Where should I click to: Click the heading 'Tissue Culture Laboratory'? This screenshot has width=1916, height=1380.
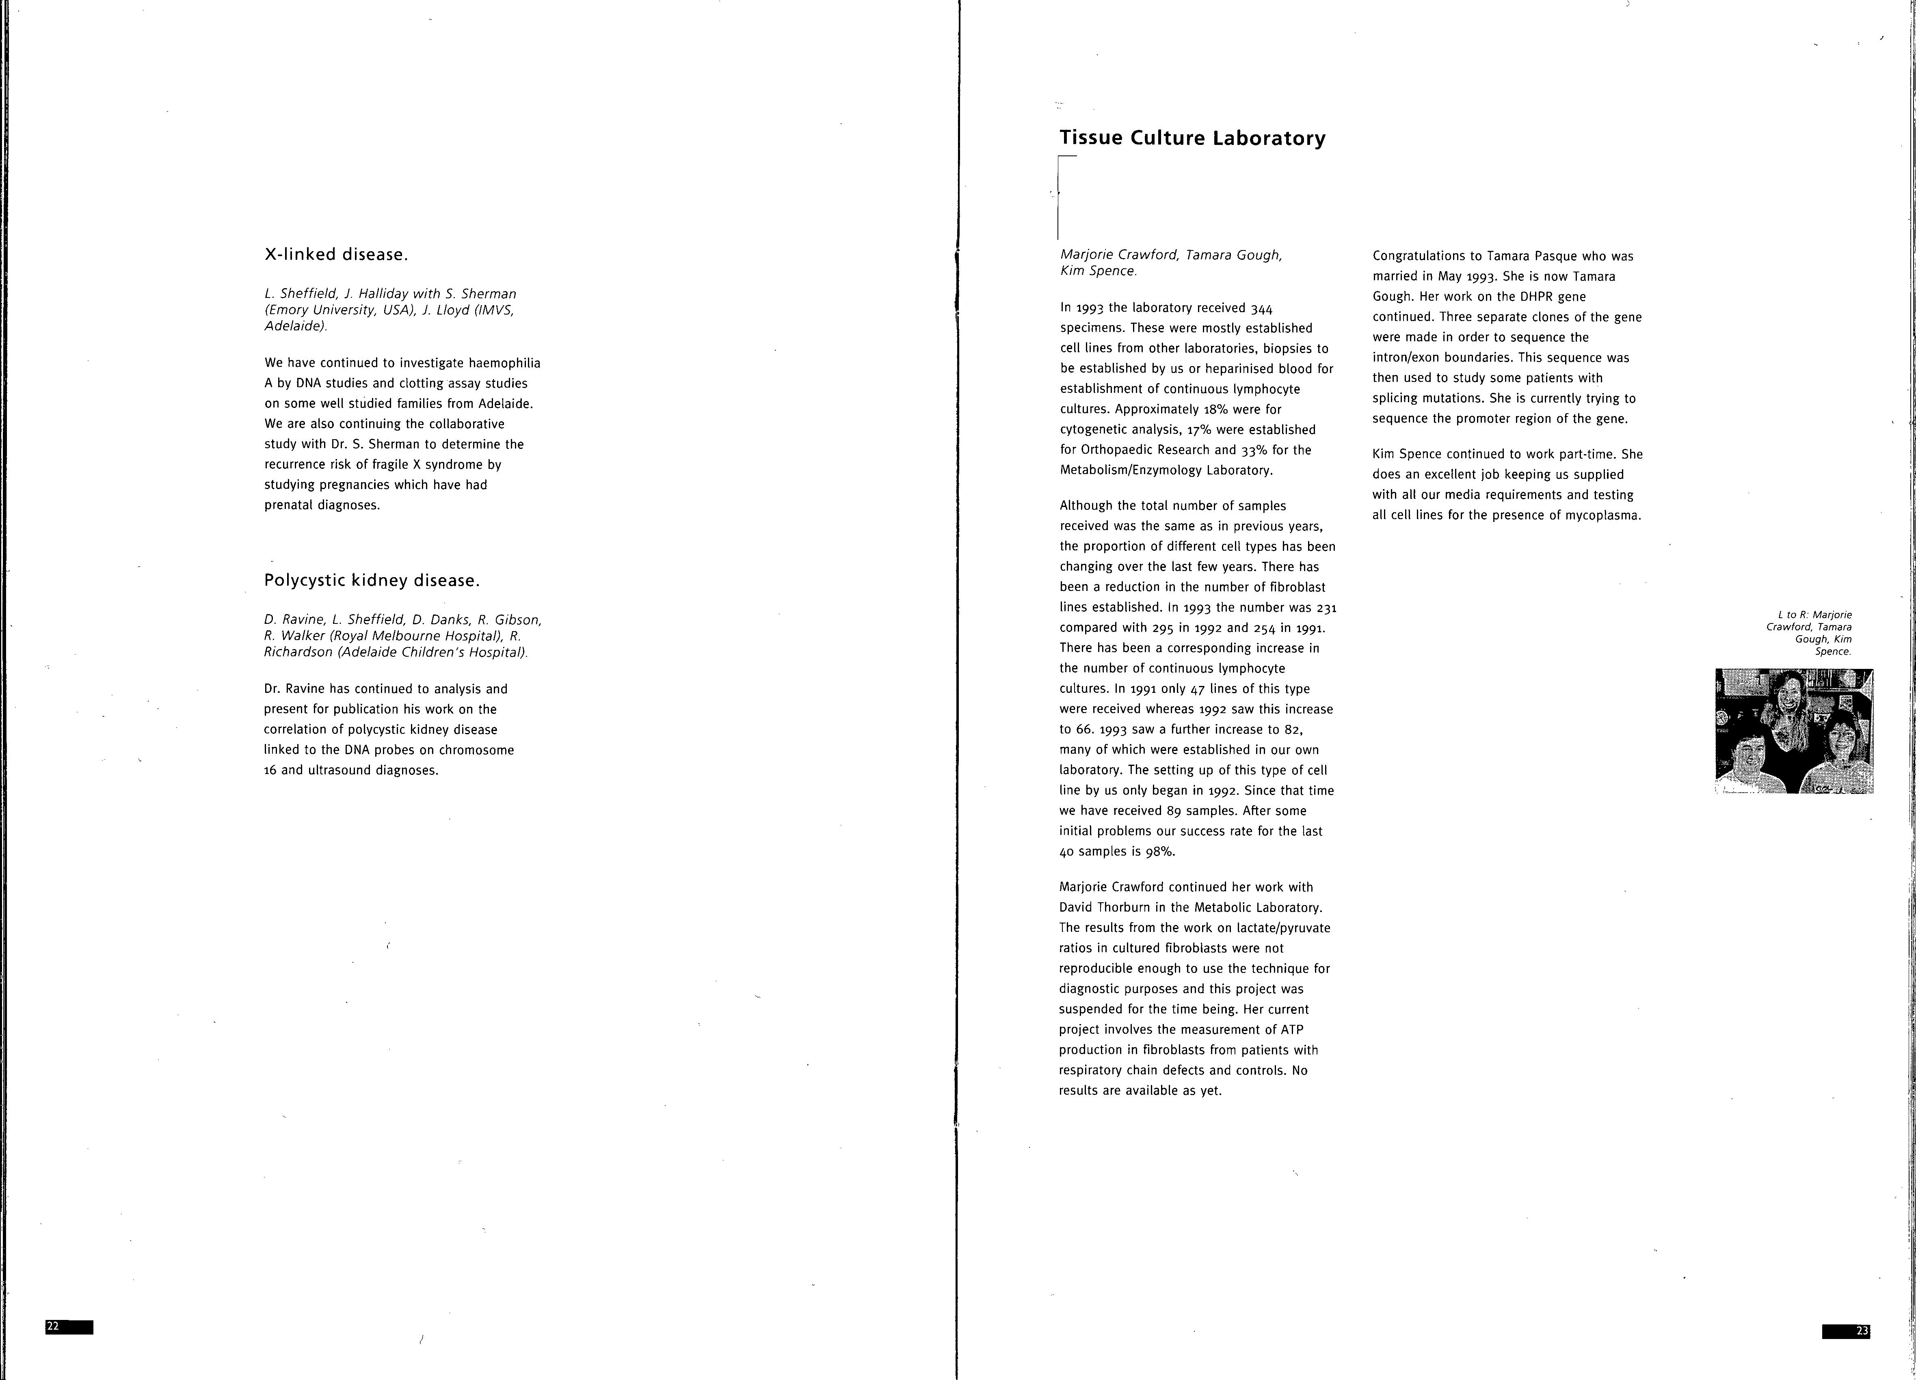[1192, 138]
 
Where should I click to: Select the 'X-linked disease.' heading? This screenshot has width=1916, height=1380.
[336, 254]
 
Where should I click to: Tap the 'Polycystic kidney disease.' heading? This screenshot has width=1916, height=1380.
[372, 580]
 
